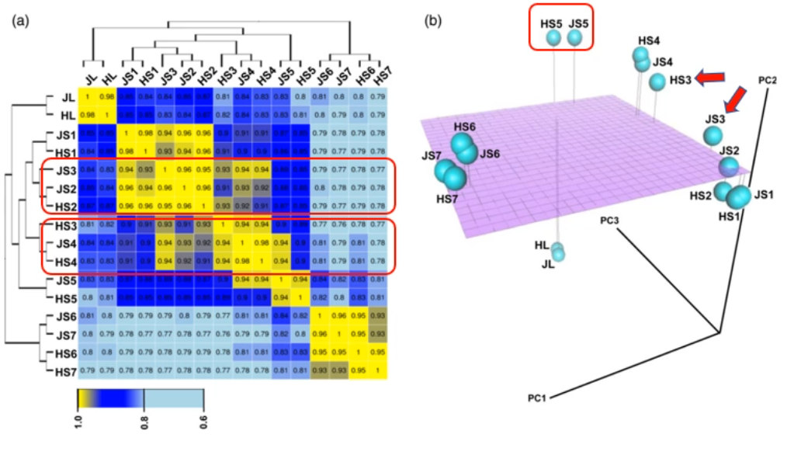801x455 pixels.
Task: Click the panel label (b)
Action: (432, 22)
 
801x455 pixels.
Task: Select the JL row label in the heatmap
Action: (68, 97)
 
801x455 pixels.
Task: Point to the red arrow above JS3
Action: (733, 99)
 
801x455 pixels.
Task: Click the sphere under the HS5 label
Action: (553, 37)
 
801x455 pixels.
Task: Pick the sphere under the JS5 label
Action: (574, 37)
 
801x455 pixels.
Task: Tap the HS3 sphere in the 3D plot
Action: (657, 81)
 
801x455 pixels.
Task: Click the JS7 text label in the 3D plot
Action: (432, 156)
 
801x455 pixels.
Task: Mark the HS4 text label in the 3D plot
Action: (649, 40)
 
